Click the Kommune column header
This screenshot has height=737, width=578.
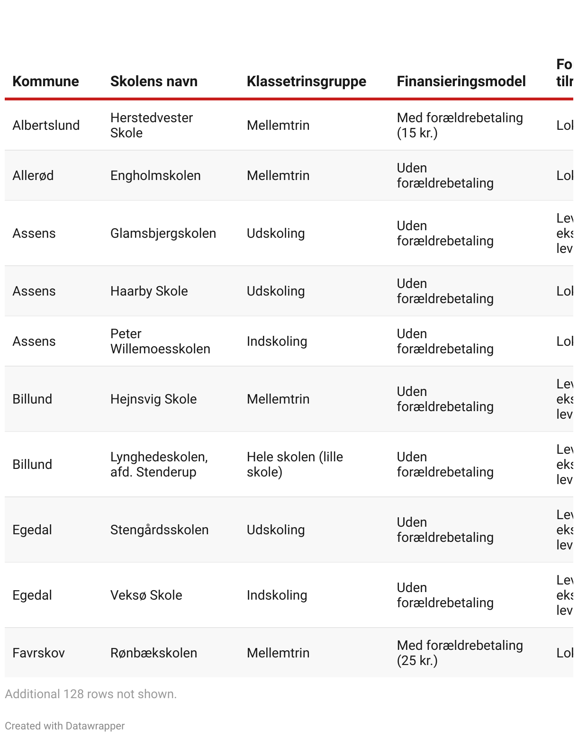coord(45,81)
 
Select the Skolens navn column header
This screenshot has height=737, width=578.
coord(154,81)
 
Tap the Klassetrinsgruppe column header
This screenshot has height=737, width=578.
coord(306,81)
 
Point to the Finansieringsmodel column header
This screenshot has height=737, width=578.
coord(461,81)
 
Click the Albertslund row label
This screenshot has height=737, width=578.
coord(46,126)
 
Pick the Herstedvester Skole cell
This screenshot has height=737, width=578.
coord(151,126)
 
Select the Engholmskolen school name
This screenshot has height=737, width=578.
coord(155,176)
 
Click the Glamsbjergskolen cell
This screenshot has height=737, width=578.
coord(163,234)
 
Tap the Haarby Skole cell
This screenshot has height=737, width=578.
coord(149,291)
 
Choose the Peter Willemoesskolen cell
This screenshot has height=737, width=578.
coord(160,342)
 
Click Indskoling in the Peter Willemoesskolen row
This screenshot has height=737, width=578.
coord(277,342)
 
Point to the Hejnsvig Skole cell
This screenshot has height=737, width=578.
coord(153,399)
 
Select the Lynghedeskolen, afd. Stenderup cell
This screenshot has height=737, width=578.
coord(159,465)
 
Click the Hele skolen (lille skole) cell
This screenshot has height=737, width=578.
coord(295,465)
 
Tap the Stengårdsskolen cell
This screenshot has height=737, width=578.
coord(159,530)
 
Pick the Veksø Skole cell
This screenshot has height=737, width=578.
coord(146,595)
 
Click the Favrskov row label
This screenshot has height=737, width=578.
coord(38,653)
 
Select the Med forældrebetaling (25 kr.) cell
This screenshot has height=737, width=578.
coord(460,653)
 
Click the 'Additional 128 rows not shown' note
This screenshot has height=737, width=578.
coord(90,694)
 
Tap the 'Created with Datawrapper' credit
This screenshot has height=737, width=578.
coord(64,726)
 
